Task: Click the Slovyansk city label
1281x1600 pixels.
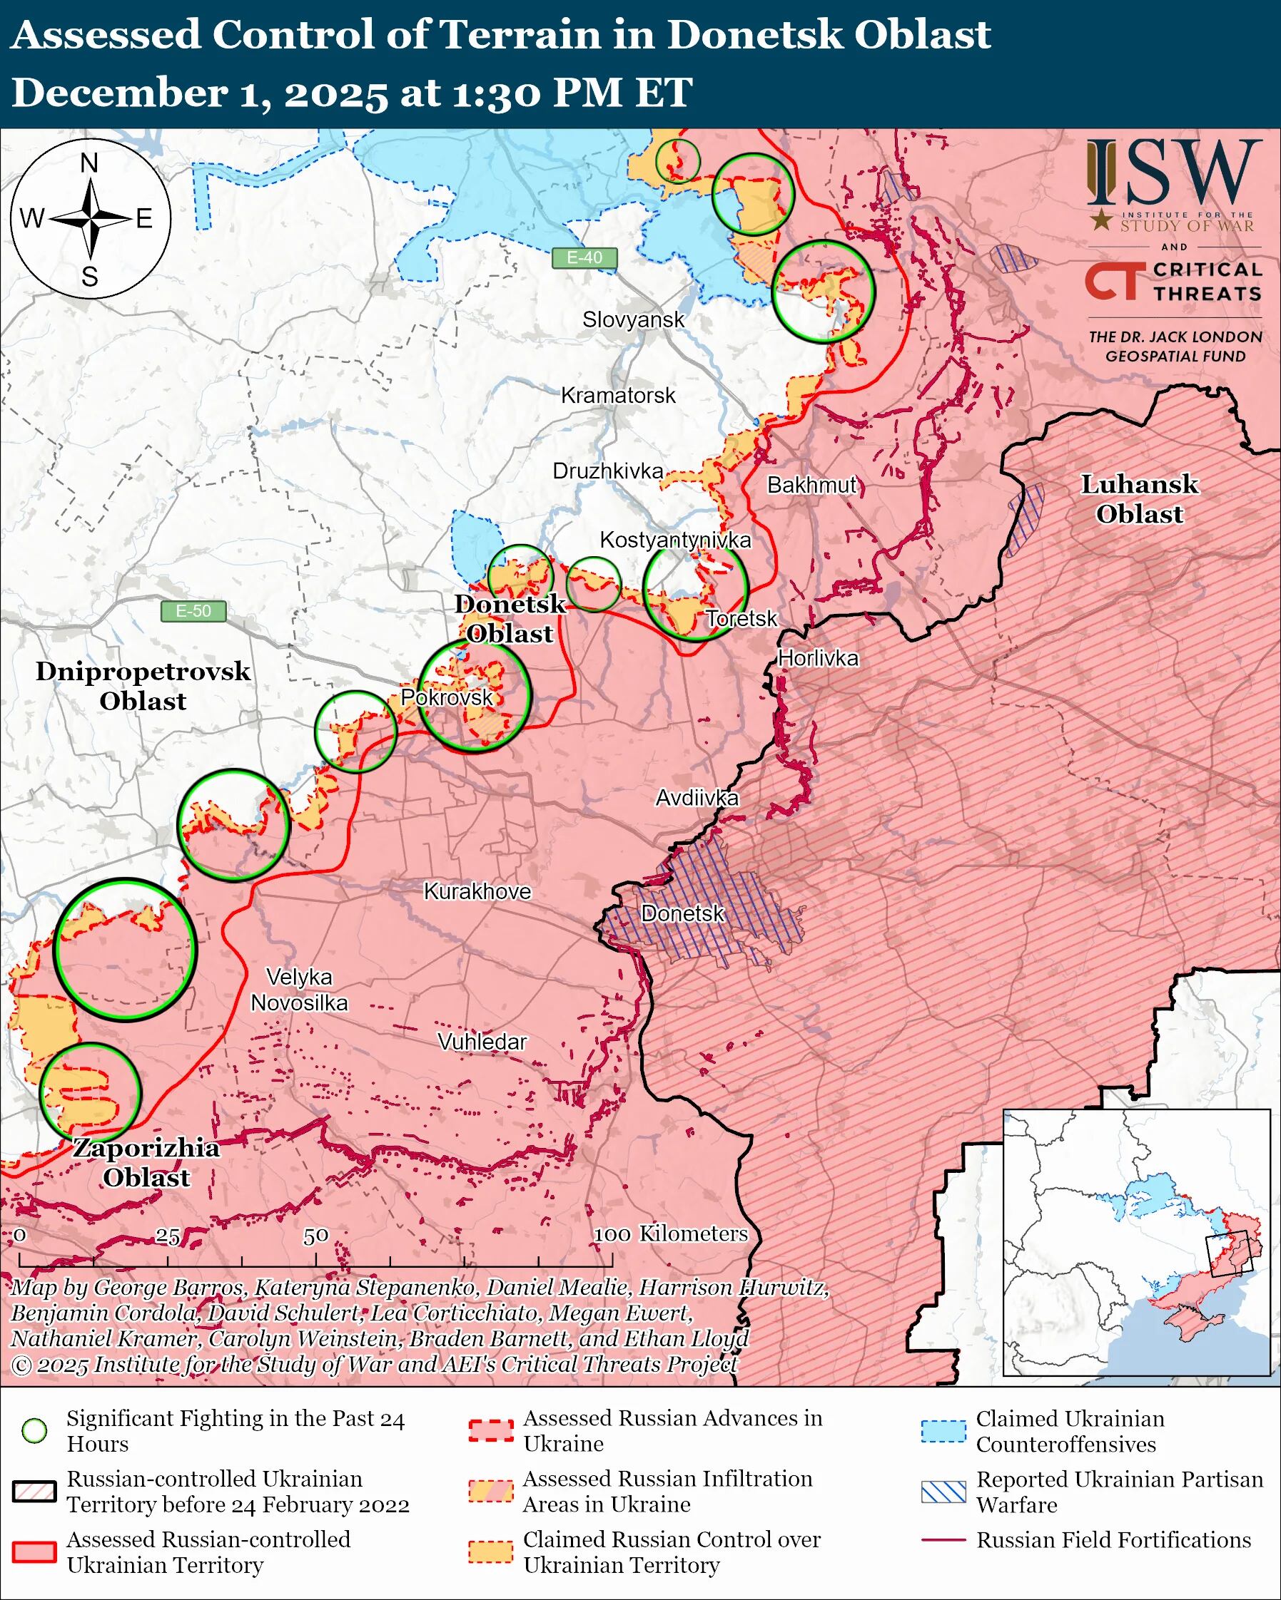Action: tap(633, 320)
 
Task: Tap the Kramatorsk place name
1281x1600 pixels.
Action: tap(618, 396)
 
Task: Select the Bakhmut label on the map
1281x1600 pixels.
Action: tap(811, 486)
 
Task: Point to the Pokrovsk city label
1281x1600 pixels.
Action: tap(446, 697)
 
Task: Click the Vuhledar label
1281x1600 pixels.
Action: tap(482, 1042)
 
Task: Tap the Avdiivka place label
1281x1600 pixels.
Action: tap(697, 798)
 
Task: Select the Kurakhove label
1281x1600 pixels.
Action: tap(477, 891)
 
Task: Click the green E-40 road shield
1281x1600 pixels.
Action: tap(584, 257)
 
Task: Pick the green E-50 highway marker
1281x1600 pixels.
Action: tap(193, 611)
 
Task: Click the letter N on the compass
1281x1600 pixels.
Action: tap(89, 163)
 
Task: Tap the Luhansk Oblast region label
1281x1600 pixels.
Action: tap(1138, 498)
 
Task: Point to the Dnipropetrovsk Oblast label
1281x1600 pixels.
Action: tap(143, 686)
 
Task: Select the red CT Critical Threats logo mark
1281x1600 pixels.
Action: tap(1112, 282)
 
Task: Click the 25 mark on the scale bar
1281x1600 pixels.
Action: tap(167, 1236)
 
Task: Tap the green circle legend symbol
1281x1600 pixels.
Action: tap(35, 1431)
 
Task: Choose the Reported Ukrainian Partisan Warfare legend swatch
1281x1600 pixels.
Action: tap(943, 1492)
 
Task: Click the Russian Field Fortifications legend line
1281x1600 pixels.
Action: tap(943, 1540)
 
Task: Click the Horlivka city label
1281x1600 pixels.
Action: tap(819, 658)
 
